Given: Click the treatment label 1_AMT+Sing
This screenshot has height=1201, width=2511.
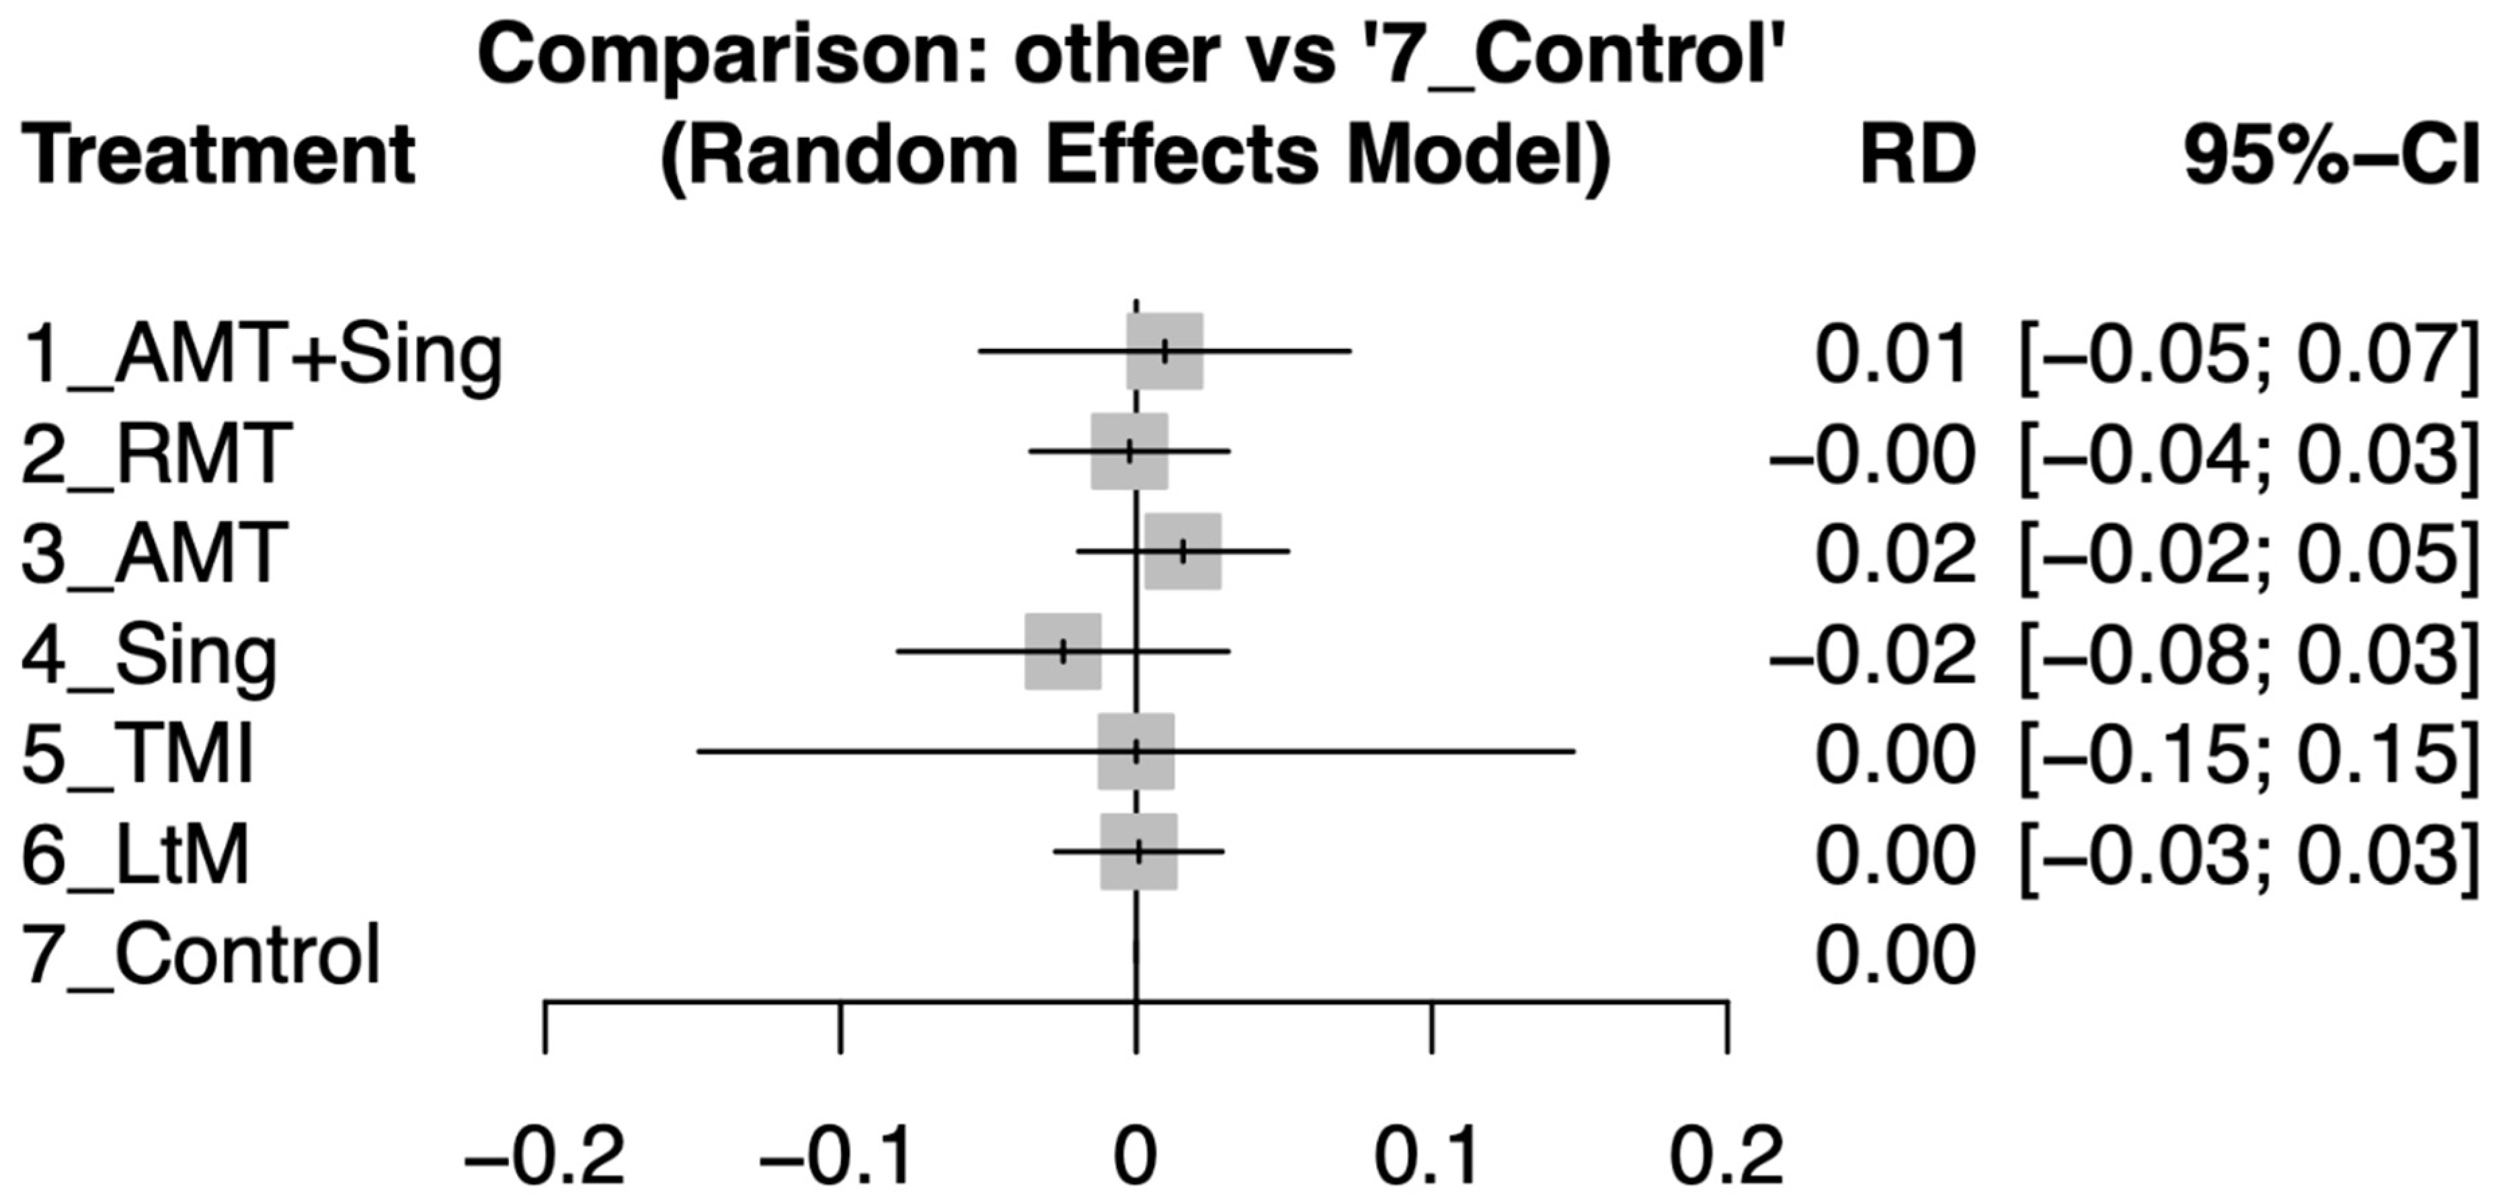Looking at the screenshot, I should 262,356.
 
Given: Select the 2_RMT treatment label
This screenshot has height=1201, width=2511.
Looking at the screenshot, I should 156,455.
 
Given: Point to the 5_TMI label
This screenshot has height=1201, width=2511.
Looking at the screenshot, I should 137,754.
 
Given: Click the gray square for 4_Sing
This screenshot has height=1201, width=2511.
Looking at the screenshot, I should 1062,651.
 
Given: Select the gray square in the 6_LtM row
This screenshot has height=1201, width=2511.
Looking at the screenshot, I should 1139,852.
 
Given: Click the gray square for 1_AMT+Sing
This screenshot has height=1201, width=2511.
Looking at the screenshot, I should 1165,351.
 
